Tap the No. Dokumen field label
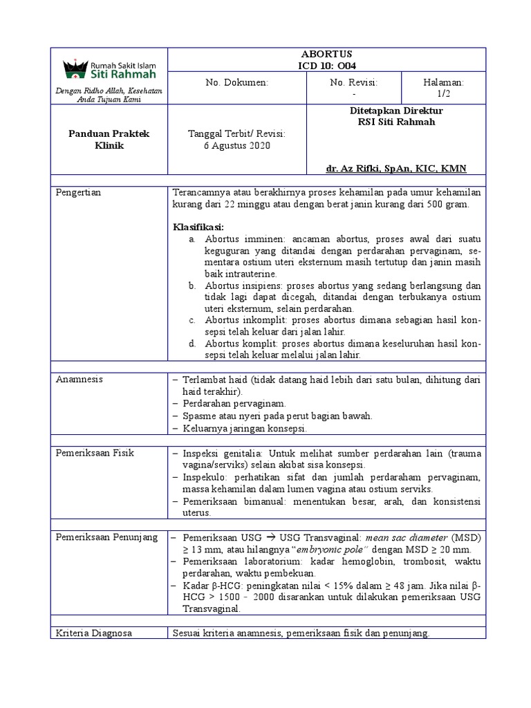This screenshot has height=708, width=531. coord(236,82)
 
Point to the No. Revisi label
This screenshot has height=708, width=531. coord(354,82)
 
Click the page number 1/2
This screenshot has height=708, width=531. coord(443,93)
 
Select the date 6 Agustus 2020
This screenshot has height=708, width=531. coord(236,146)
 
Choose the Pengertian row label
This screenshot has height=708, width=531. coord(79,192)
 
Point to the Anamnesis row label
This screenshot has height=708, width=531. coord(78,380)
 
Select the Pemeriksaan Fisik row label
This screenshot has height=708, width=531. coord(95,453)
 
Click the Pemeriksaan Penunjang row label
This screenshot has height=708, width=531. coord(106,537)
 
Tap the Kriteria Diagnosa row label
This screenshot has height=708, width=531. coord(94,633)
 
